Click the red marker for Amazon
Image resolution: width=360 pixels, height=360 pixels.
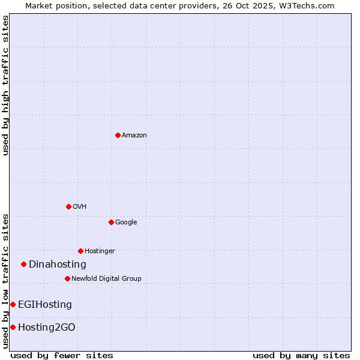pos(118,135)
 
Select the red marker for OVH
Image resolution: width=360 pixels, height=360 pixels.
pos(68,206)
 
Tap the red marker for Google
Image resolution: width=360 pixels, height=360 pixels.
pos(111,222)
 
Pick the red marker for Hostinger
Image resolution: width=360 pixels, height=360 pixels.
pos(80,251)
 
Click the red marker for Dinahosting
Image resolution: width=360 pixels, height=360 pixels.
pos(23,264)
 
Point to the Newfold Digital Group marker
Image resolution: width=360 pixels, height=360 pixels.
pos(67,278)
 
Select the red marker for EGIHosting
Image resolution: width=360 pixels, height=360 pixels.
pos(13,304)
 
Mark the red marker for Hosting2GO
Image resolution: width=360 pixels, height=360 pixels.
pos(13,327)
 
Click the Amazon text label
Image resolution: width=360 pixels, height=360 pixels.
pos(134,136)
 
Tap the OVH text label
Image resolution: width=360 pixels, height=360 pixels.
pos(79,207)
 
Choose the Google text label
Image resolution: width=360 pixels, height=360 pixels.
pos(126,223)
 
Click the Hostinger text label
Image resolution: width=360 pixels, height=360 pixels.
pos(100,251)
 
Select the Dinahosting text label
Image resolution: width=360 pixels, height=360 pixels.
pos(58,265)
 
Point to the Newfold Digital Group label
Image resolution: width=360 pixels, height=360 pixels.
pos(106,279)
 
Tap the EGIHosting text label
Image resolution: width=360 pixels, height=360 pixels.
pos(45,305)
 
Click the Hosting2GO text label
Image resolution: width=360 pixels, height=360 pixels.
pos(47,328)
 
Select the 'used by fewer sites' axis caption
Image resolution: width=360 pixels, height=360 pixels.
pos(62,356)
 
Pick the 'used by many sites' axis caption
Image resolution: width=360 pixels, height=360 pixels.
pos(301,356)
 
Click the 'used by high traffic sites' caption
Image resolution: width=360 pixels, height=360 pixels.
pos(5,85)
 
